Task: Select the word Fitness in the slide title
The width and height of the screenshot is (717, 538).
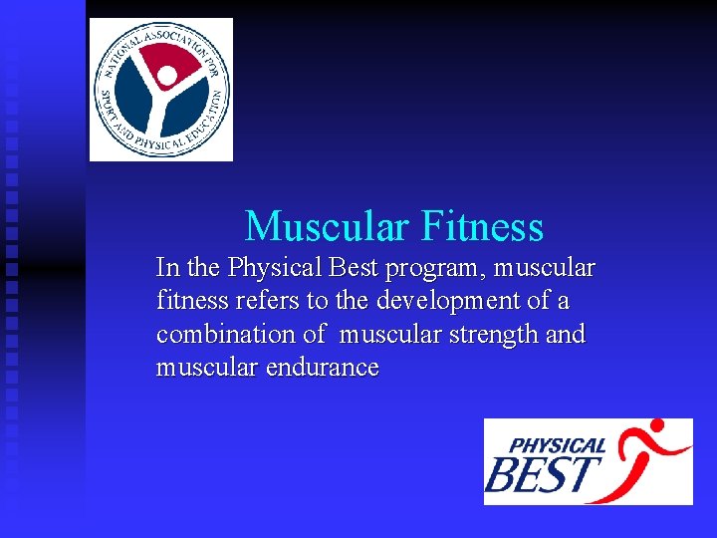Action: pos(482,226)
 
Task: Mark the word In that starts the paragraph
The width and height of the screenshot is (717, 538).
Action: pos(167,268)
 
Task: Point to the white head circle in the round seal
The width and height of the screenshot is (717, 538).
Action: pos(168,76)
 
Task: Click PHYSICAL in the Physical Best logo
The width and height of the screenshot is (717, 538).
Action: pos(558,444)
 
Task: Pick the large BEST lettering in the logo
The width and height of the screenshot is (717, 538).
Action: pos(544,475)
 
